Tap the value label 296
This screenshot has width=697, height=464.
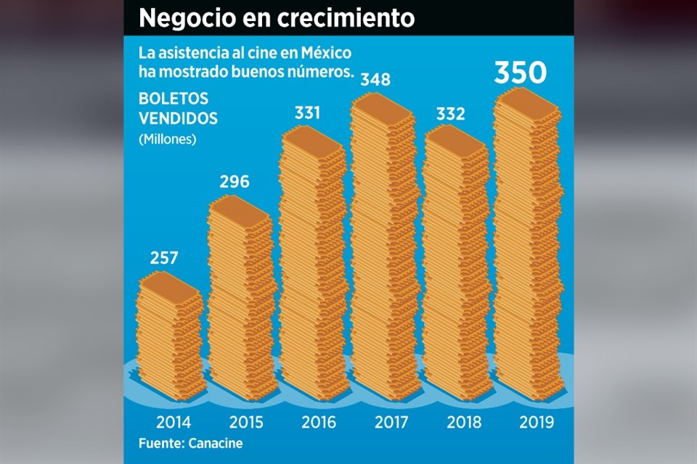click(234, 181)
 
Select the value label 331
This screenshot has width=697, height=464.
click(307, 113)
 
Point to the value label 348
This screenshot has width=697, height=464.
click(375, 78)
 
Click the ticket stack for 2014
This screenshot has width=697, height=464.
click(170, 333)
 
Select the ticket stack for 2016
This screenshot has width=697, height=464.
click(312, 261)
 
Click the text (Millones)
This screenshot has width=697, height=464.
click(167, 139)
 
